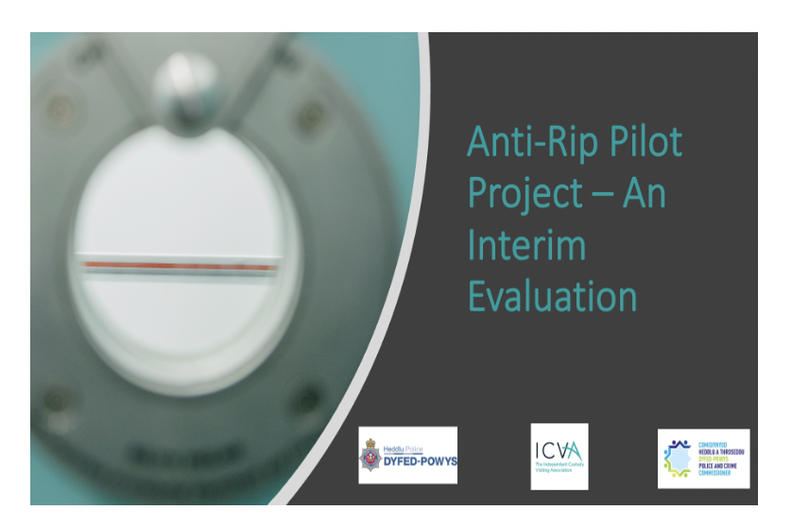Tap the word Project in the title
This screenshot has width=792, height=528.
525,194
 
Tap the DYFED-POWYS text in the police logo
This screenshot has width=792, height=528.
419,463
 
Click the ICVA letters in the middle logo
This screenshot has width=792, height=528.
560,451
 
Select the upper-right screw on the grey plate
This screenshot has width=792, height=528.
309,117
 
